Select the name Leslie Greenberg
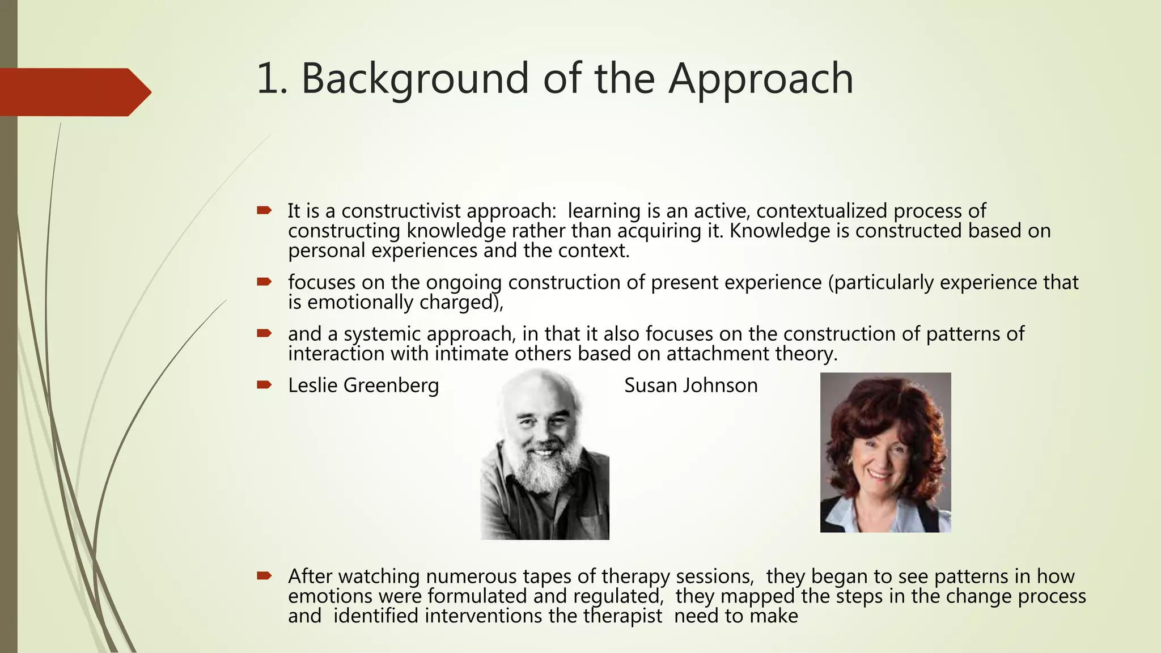(363, 385)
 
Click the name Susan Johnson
(690, 385)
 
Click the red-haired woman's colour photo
(885, 452)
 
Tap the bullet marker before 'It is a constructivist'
(264, 211)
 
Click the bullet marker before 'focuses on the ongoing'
(264, 282)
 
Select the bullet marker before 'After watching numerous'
(264, 576)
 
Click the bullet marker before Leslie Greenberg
(264, 385)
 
